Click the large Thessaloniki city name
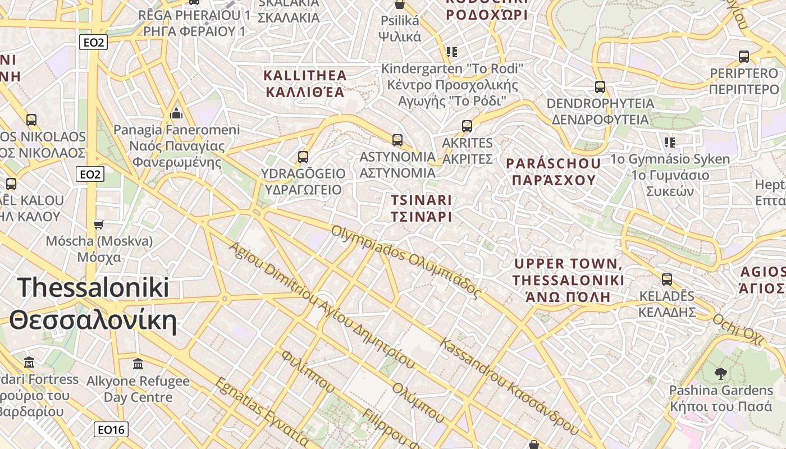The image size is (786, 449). (93, 304)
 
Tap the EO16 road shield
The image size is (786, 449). (111, 430)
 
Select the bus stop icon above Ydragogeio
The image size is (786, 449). (303, 157)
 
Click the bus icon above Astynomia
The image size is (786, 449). (397, 140)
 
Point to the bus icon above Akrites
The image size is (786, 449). (467, 126)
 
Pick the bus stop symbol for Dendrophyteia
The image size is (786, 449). (600, 87)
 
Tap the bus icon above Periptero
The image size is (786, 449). (744, 56)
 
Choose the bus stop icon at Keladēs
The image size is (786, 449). (667, 279)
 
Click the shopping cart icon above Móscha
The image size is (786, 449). (99, 224)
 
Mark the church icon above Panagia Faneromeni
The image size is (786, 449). (177, 114)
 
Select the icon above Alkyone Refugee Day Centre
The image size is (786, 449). (138, 364)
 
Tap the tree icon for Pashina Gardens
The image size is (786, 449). (721, 373)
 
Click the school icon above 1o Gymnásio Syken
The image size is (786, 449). (669, 143)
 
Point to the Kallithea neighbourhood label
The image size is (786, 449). (305, 83)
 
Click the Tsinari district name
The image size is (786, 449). (421, 208)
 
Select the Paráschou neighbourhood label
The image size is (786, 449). (554, 172)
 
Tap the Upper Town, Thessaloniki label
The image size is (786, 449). (568, 280)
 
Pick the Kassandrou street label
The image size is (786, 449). (509, 386)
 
